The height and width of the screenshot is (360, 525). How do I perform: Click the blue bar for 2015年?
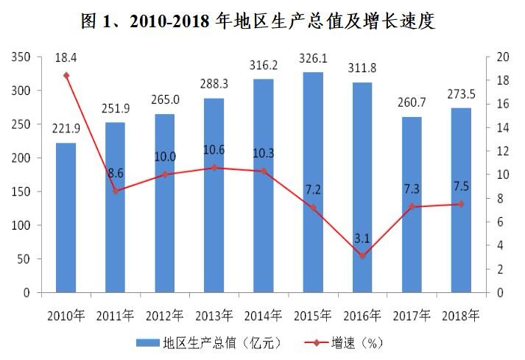click(x=313, y=183)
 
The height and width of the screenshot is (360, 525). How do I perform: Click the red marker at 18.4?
click(x=66, y=75)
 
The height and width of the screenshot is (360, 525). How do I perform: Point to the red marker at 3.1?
click(x=362, y=255)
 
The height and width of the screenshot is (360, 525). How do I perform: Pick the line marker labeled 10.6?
click(x=214, y=168)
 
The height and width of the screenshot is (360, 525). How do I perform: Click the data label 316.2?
click(x=264, y=65)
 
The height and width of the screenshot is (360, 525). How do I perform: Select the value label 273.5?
click(x=461, y=93)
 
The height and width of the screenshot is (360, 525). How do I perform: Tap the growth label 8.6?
click(x=116, y=174)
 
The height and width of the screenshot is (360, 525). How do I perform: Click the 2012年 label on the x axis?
click(x=165, y=316)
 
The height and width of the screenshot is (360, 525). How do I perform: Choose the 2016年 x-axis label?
click(x=362, y=316)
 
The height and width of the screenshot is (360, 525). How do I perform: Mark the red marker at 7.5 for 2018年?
click(x=461, y=204)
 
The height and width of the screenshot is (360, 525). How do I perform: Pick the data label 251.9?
click(x=116, y=109)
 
